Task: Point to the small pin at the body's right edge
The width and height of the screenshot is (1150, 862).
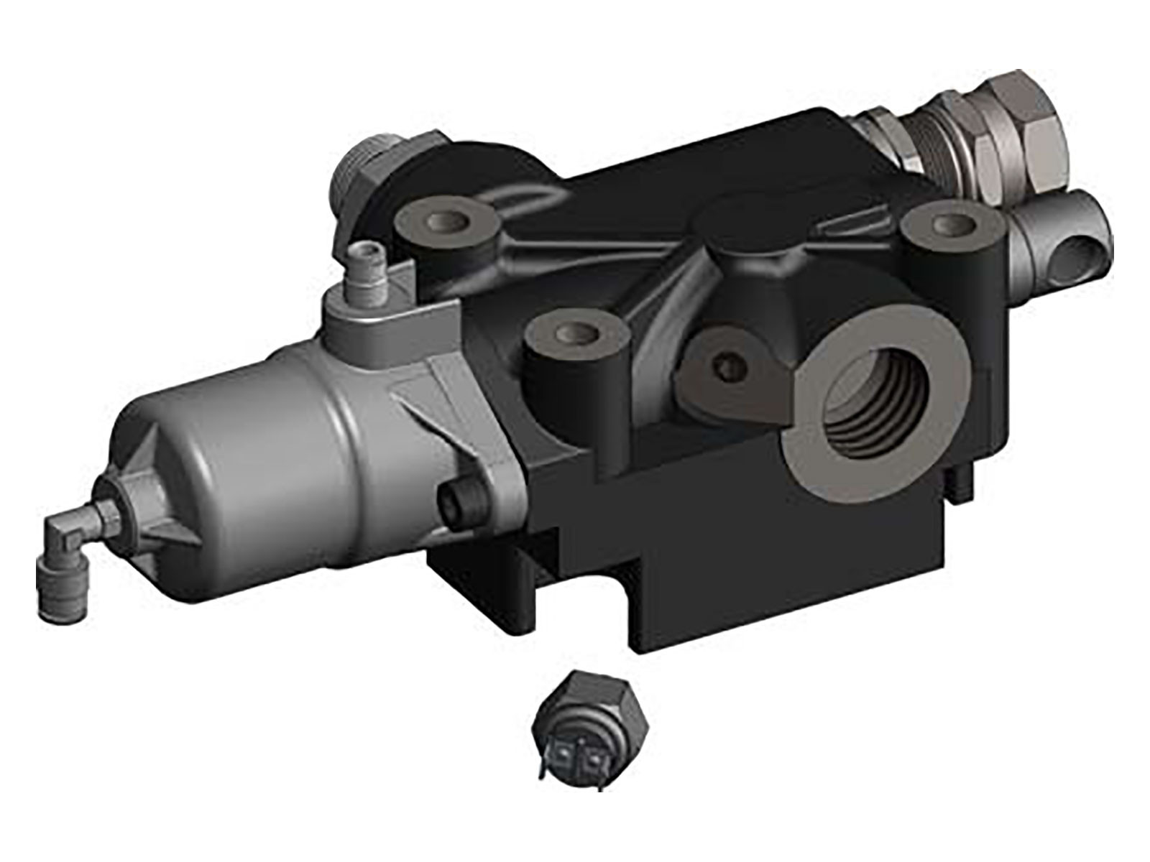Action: coord(962,485)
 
